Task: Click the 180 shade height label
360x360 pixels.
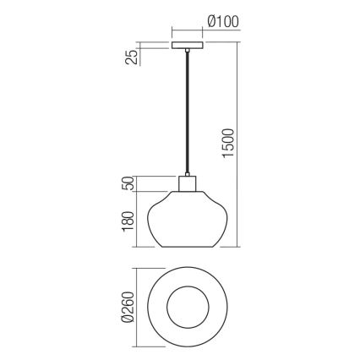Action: pyautogui.click(x=127, y=221)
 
